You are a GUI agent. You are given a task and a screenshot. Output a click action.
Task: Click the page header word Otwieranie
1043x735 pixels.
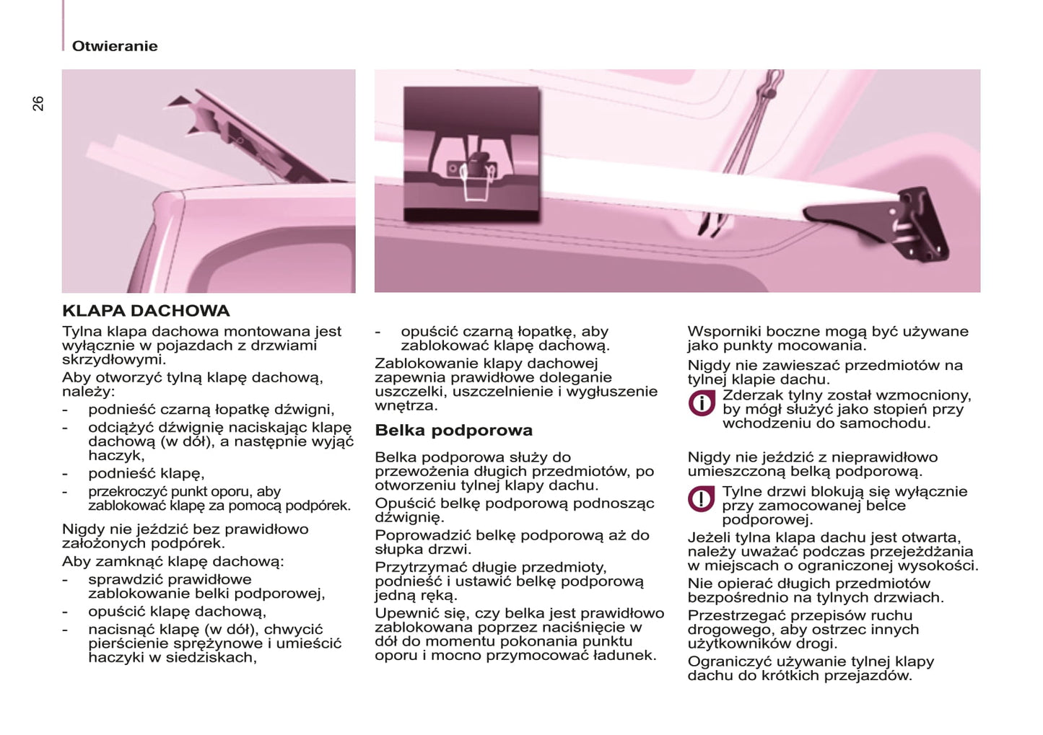click(x=114, y=46)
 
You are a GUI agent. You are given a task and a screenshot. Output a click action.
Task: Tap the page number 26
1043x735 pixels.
click(x=38, y=103)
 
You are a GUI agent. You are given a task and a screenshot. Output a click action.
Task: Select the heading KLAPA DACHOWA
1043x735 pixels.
click(x=146, y=311)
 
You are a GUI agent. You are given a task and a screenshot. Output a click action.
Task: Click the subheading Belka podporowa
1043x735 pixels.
click(x=453, y=431)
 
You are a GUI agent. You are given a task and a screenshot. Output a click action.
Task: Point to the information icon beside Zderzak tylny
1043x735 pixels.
click(x=701, y=403)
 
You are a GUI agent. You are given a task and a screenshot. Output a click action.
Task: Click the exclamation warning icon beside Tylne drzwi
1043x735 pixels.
click(x=701, y=499)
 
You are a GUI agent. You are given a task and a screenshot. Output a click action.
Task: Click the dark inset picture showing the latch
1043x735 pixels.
click(x=471, y=153)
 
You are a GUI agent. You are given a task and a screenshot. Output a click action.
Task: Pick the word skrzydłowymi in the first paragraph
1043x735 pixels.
click(x=113, y=359)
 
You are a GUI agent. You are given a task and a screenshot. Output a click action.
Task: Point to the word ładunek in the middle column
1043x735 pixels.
click(x=624, y=656)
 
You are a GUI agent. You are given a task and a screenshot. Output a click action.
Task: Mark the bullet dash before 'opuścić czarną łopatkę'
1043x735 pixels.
click(x=378, y=332)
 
